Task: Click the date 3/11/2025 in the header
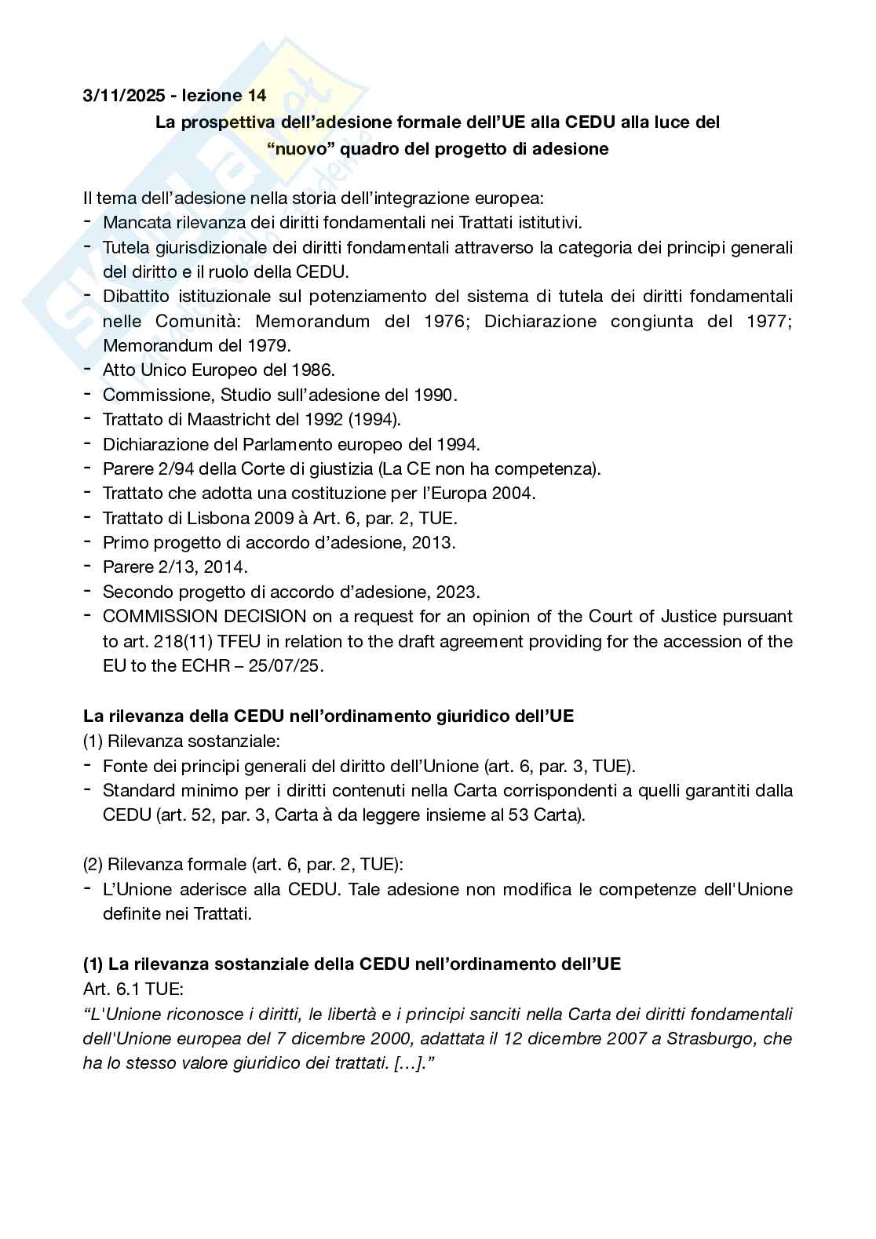pyautogui.click(x=125, y=96)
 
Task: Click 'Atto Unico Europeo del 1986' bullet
pyautogui.click(x=219, y=370)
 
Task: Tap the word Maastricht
pyautogui.click(x=235, y=419)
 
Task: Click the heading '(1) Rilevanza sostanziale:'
pyautogui.click(x=181, y=741)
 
